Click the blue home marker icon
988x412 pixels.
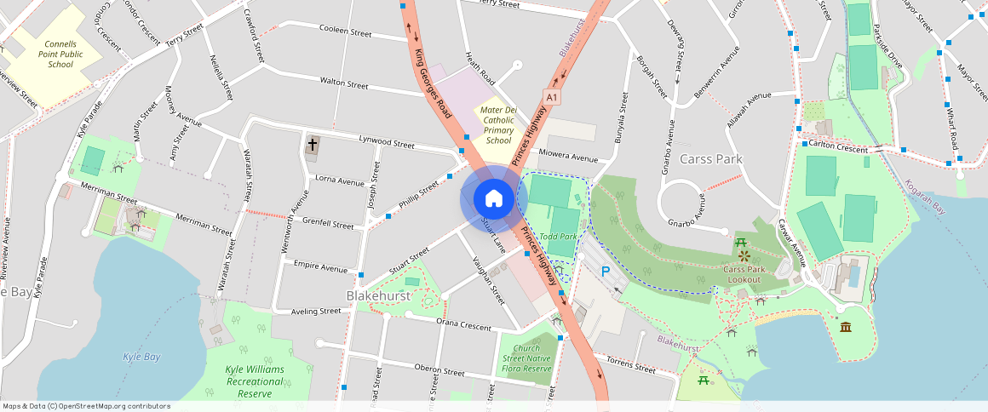[x=493, y=199]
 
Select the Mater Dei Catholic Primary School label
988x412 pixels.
[x=498, y=125]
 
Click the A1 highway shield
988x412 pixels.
[x=553, y=98]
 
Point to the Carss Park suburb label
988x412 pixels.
[x=711, y=159]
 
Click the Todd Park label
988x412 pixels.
[x=559, y=236]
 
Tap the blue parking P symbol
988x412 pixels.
[x=606, y=272]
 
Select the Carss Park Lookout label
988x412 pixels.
[x=742, y=273]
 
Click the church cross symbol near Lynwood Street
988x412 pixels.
[x=313, y=145]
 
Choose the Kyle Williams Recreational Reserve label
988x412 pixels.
[x=254, y=381]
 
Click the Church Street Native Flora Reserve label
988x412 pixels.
[x=526, y=358]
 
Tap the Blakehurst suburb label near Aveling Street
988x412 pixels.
[x=378, y=295]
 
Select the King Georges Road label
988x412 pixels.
[x=432, y=83]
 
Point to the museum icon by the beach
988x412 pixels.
[x=845, y=328]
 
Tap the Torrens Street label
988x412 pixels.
[x=631, y=367]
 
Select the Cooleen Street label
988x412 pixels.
[x=345, y=32]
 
